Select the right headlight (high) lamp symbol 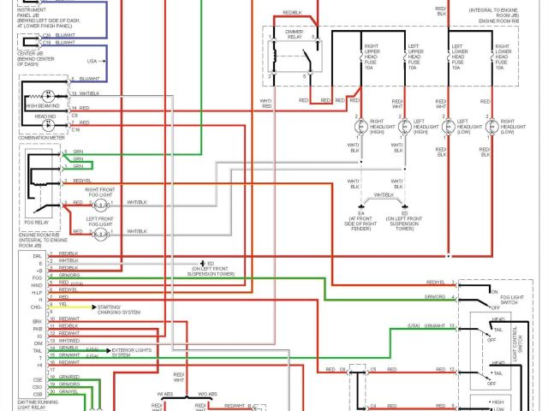(360, 128)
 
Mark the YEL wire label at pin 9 (63, 304)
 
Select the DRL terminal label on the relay (37, 254)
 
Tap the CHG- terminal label (37, 305)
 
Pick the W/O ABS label (207, 394)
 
